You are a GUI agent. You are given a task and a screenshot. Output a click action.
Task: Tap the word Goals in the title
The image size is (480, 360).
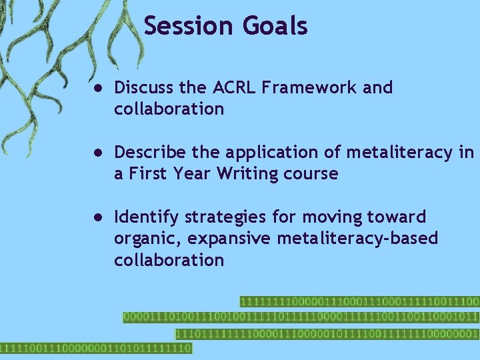275,26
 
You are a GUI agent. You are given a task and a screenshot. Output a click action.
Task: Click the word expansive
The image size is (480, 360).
224,239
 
